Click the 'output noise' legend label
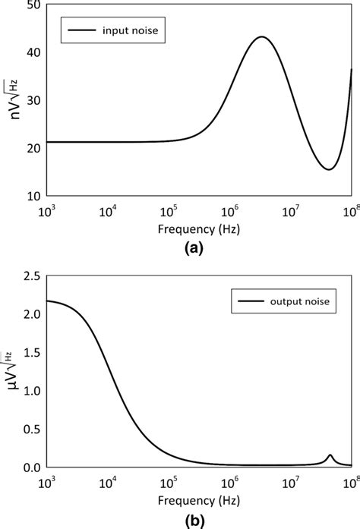300,304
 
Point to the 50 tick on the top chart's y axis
33,6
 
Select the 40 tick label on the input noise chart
33,53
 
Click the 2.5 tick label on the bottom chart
30,279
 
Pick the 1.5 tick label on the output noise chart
30,354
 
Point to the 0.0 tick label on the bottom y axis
30,467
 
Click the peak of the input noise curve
262,37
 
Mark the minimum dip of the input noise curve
328,169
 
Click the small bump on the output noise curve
330,455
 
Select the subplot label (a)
191,247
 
